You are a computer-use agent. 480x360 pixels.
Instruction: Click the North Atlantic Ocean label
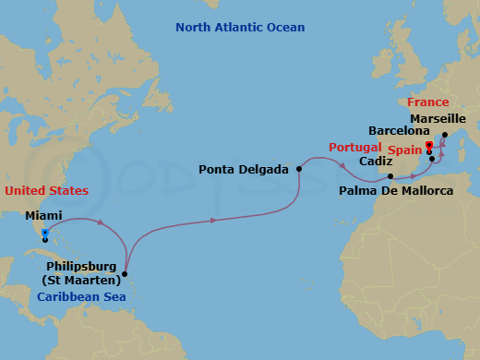pos(240,28)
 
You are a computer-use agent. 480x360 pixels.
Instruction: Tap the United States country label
pos(46,191)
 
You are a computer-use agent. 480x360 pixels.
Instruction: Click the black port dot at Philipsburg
pos(125,271)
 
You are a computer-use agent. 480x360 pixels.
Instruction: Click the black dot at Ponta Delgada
pos(299,169)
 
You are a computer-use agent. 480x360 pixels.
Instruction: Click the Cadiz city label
pos(374,161)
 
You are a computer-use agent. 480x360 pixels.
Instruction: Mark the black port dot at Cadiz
pos(390,176)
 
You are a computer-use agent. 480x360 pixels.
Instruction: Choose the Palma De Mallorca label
pos(396,191)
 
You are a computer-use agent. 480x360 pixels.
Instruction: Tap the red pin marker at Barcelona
pos(429,145)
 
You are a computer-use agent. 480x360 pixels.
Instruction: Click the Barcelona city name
pos(400,132)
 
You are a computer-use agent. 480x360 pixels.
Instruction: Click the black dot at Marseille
pos(445,135)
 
